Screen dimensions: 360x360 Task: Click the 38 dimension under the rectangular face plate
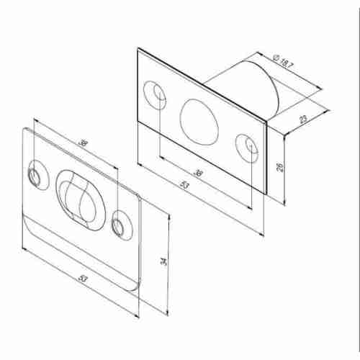(x=199, y=173)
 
